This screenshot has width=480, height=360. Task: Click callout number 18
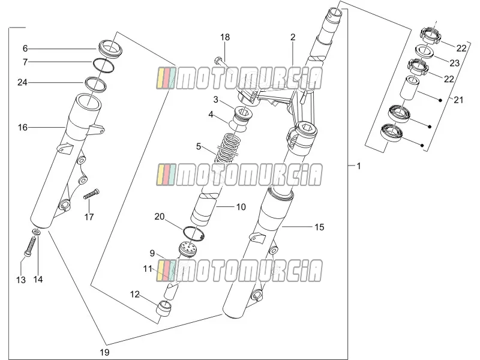coord(225,37)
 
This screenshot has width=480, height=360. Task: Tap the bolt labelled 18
coord(223,64)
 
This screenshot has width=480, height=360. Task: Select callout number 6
coord(25,49)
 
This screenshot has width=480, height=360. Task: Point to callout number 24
coord(22,82)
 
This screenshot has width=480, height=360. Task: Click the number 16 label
coord(23,127)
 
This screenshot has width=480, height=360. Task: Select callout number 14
coord(38,280)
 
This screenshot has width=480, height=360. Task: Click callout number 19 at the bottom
coord(104,352)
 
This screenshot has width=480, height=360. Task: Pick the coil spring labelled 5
coord(227,148)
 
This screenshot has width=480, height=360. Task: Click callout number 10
coord(241,207)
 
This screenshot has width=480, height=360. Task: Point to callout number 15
coord(319,227)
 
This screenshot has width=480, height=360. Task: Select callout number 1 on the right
coord(359,166)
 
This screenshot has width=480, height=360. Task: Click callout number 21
coord(458,100)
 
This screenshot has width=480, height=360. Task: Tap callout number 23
coord(455,63)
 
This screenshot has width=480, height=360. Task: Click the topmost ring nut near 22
coord(430,35)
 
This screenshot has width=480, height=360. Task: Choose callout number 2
coord(293,37)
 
